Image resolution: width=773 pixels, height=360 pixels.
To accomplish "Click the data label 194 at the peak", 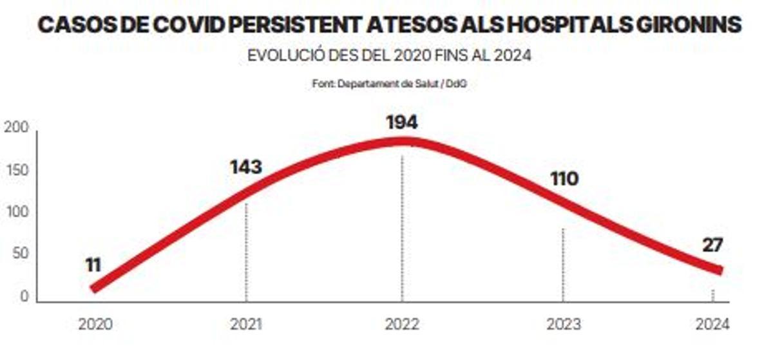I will [x=402, y=122].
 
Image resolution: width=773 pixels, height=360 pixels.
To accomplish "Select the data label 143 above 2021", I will [x=245, y=167].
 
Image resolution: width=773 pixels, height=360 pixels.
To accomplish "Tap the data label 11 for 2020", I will [x=94, y=264].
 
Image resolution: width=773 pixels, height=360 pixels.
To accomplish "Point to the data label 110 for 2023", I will [x=564, y=178].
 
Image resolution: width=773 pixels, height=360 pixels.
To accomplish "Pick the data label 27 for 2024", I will [x=713, y=245].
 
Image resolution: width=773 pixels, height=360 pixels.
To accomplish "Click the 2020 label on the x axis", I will [x=95, y=325].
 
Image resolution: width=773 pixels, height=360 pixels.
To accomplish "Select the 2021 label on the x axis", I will [x=246, y=325].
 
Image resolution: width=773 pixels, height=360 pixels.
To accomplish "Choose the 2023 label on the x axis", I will [x=563, y=325].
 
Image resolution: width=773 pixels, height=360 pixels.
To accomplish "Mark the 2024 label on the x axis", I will [x=712, y=325].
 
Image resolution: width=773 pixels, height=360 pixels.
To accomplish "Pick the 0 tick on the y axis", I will [x=24, y=297].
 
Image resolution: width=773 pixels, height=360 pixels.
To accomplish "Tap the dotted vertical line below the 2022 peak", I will [x=402, y=225].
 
